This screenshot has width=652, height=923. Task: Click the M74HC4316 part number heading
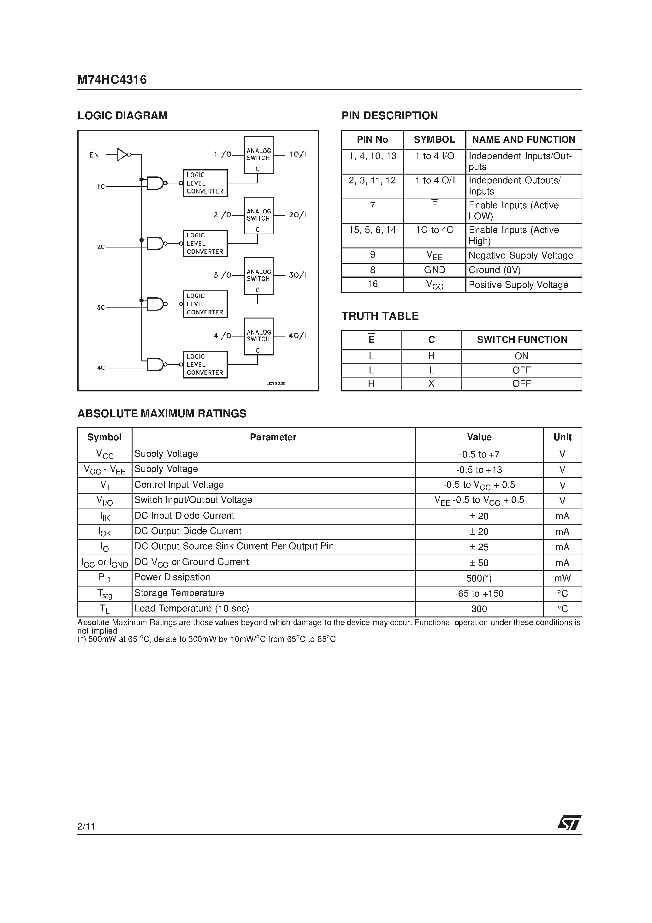coord(112,80)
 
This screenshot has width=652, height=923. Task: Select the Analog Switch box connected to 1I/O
coord(258,155)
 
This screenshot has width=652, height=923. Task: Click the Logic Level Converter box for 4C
coord(205,365)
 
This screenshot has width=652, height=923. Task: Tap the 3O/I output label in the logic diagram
coord(297,275)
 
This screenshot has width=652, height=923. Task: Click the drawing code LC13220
coord(276,384)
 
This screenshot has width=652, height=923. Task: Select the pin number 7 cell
coord(372,205)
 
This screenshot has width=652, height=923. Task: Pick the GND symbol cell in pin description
coord(435,270)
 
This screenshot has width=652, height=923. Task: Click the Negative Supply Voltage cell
coord(520,256)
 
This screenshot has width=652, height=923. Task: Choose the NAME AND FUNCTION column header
coord(523,140)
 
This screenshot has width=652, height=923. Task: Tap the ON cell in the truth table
coord(521,356)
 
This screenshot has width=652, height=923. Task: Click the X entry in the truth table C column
coord(431,384)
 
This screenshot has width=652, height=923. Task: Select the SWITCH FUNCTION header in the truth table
coord(522,340)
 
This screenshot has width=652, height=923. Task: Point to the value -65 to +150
coord(479,594)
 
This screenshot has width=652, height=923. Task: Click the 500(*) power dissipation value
coord(479,578)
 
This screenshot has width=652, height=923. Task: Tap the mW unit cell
coord(562,578)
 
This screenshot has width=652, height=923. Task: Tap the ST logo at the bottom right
coord(569,823)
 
